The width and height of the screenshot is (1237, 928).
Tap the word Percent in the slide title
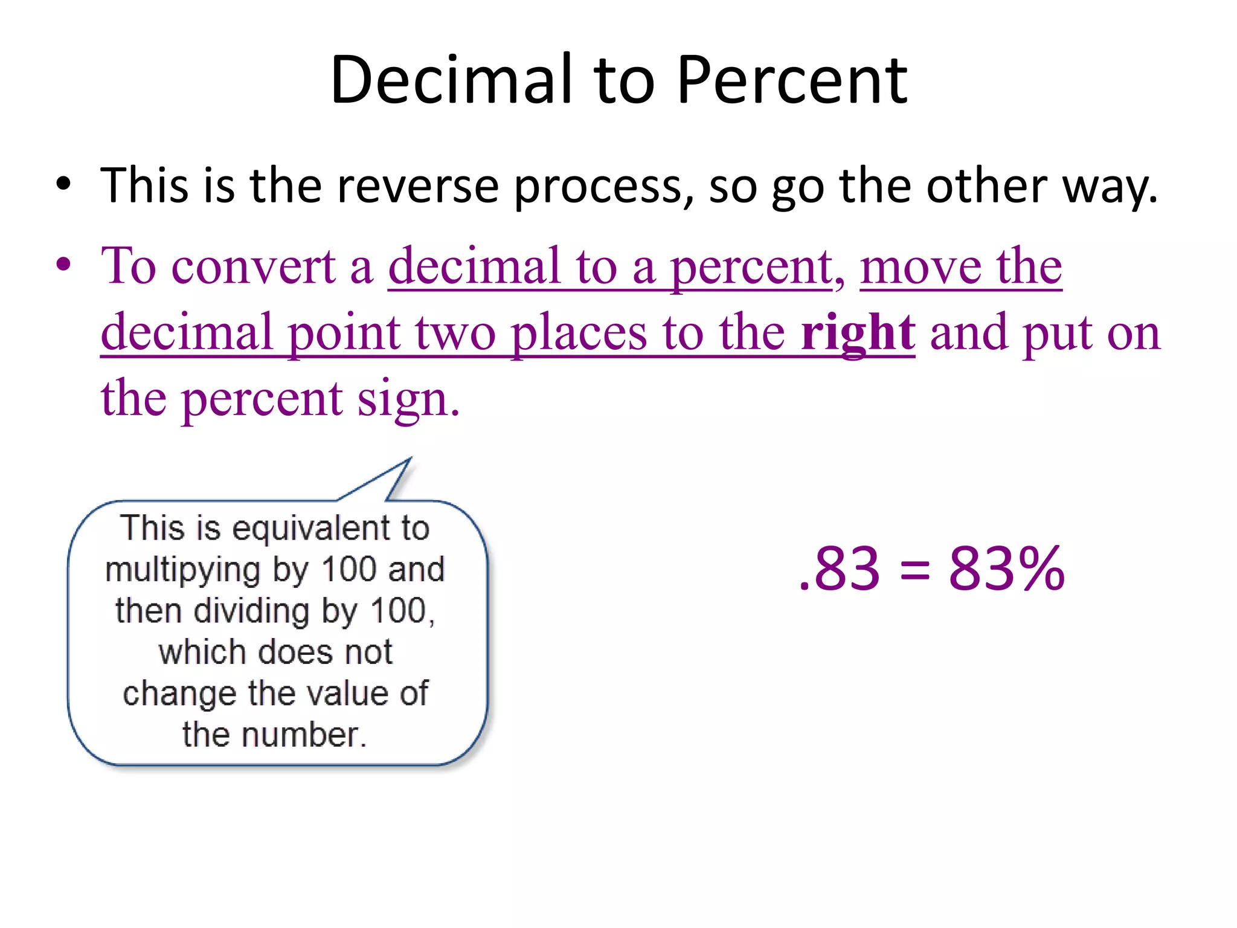tap(792, 80)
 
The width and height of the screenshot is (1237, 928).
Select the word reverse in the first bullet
tap(417, 186)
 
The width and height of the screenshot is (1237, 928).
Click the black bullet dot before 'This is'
tap(63, 184)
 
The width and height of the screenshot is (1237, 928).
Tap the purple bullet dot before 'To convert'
tap(63, 265)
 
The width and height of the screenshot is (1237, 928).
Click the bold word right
tap(858, 333)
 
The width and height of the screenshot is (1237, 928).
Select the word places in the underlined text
tap(578, 333)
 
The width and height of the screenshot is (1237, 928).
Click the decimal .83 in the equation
tap(839, 569)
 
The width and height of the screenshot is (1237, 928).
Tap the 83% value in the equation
tap(1006, 569)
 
